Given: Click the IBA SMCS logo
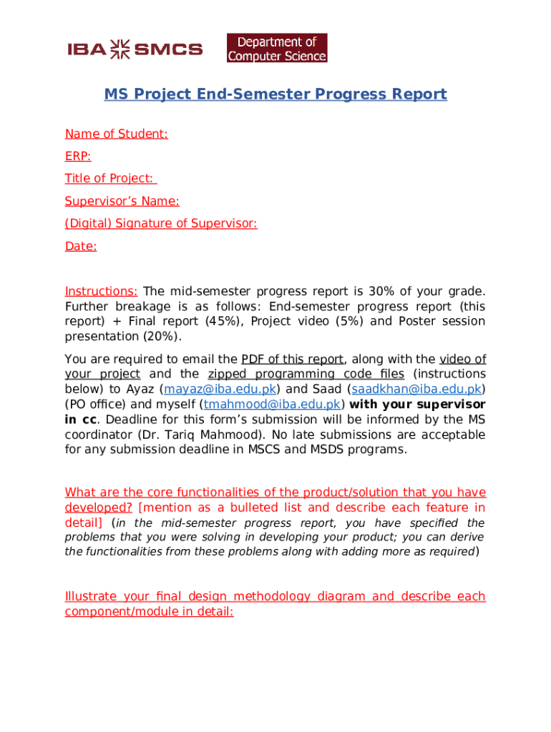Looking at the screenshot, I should (135, 49).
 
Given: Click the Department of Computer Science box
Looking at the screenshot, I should (277, 48).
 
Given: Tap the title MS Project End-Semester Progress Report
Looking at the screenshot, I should (275, 94).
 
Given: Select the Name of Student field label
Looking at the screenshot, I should (117, 134).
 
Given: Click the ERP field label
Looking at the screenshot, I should (78, 156).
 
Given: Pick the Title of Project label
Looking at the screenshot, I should (111, 179).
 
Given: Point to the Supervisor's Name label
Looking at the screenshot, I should (122, 201).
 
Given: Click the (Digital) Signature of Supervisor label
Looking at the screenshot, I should (161, 224).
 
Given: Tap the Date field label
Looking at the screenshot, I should (81, 247).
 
